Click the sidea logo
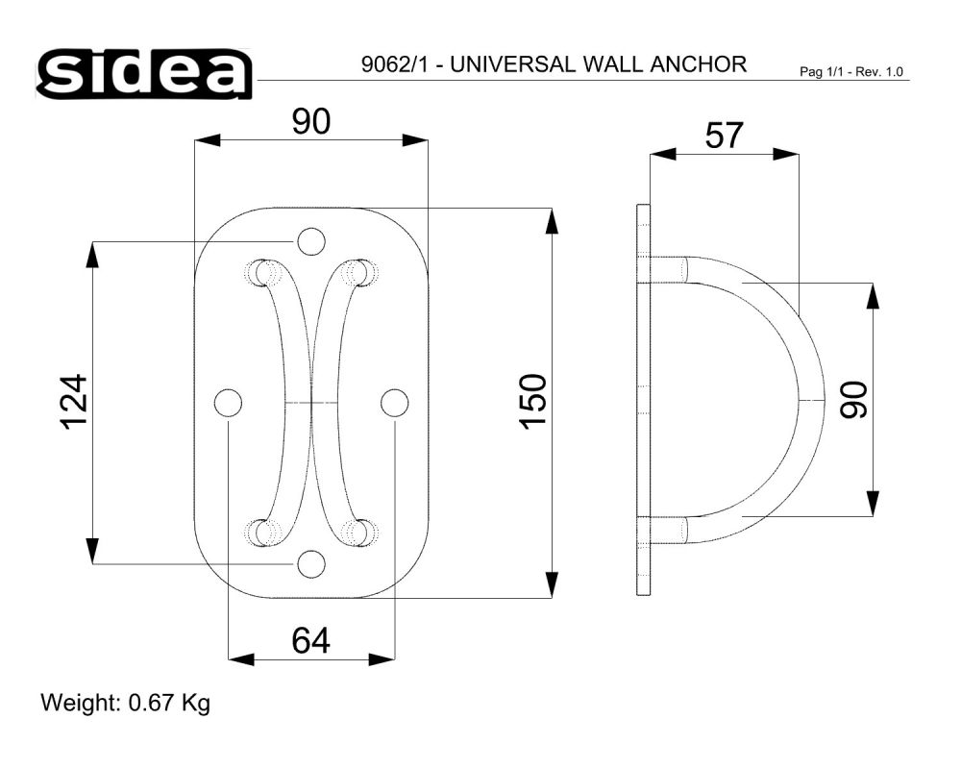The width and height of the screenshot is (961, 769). (x=144, y=74)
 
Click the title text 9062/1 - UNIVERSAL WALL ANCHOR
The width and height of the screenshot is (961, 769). (x=554, y=64)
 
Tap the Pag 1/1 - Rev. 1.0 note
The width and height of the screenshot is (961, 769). (x=851, y=72)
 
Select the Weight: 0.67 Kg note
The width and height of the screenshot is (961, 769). (x=126, y=703)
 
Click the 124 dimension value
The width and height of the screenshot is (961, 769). (x=74, y=402)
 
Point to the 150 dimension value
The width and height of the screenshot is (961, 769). (x=533, y=402)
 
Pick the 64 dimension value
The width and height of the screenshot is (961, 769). (x=310, y=640)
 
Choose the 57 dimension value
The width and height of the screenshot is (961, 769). (x=724, y=136)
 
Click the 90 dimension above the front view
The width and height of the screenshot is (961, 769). (x=310, y=121)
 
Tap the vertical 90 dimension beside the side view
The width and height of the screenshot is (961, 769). (x=853, y=400)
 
